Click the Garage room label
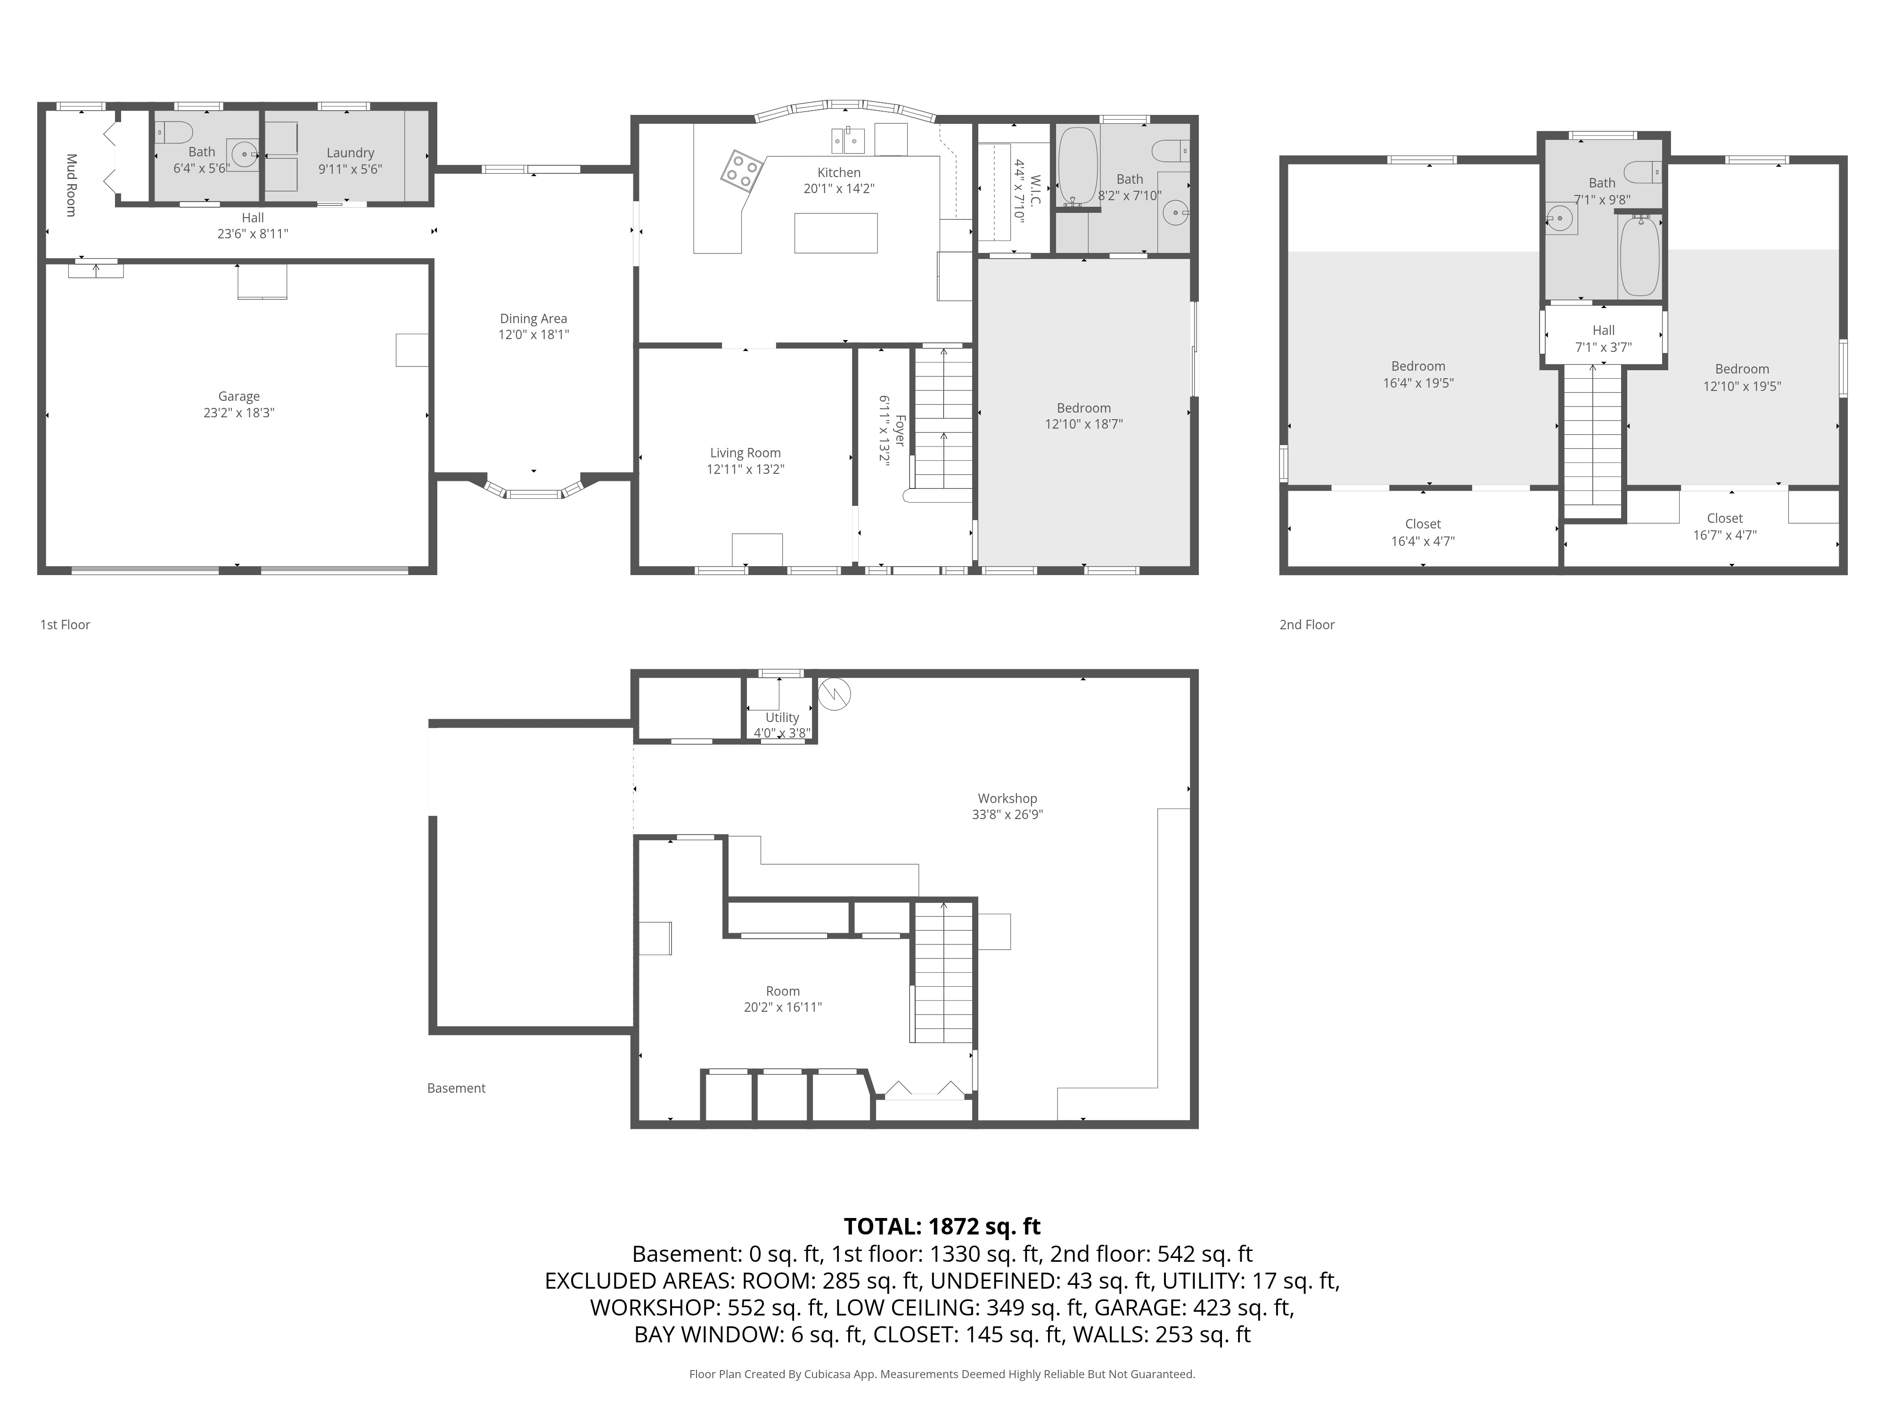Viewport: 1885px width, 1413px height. point(238,396)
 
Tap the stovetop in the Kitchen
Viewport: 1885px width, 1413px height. point(740,171)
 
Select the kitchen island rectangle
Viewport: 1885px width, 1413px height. point(835,233)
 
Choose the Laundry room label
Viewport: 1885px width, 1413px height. point(350,153)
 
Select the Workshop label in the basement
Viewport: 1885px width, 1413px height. point(1007,799)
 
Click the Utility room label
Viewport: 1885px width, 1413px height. point(782,717)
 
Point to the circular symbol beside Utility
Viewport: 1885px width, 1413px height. point(834,694)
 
